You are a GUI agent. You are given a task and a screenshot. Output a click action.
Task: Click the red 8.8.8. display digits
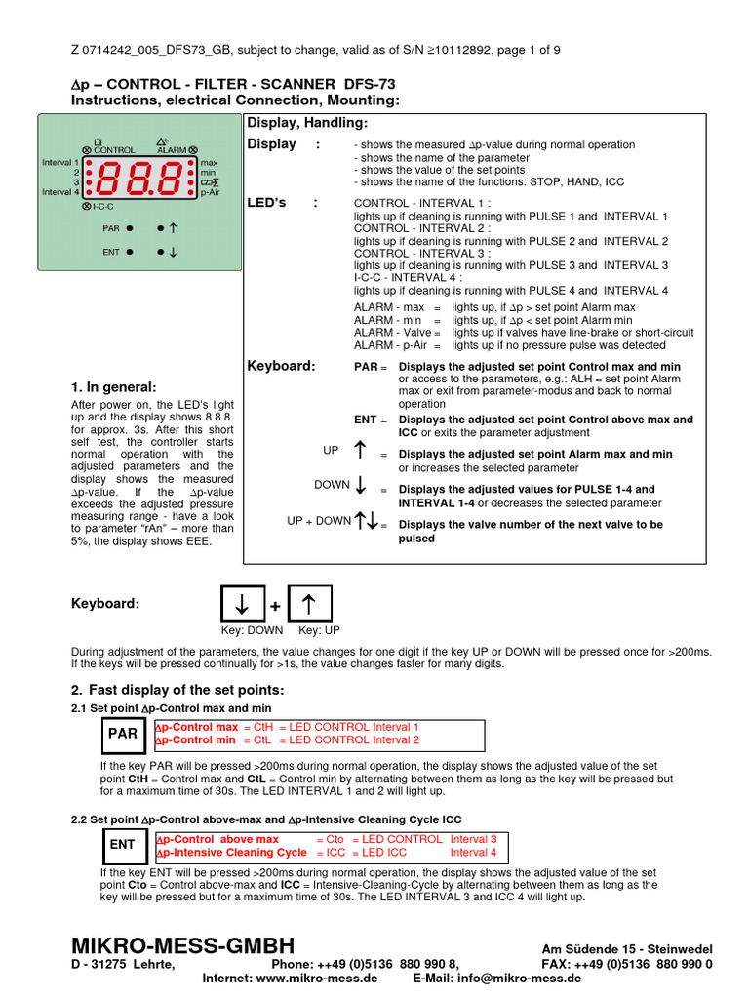tap(140, 180)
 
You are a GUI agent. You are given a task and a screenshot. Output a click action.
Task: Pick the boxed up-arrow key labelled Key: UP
tap(309, 604)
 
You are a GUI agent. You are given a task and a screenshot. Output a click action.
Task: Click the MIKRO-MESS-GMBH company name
tap(182, 945)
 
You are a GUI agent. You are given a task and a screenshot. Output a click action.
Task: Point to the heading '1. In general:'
tap(113, 387)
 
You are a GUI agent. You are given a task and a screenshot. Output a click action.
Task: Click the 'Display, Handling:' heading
tap(307, 122)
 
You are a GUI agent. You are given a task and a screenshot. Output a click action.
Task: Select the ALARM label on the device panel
tap(172, 149)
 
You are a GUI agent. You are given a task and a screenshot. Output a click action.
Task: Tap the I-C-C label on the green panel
tap(103, 207)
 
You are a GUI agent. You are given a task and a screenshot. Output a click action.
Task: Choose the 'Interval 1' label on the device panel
tap(60, 162)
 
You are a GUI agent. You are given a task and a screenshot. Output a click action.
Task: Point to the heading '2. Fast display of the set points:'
tap(177, 691)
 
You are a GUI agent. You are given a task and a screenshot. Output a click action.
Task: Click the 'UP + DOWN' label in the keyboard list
tap(318, 521)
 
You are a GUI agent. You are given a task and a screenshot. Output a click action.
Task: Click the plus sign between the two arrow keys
tap(275, 607)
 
